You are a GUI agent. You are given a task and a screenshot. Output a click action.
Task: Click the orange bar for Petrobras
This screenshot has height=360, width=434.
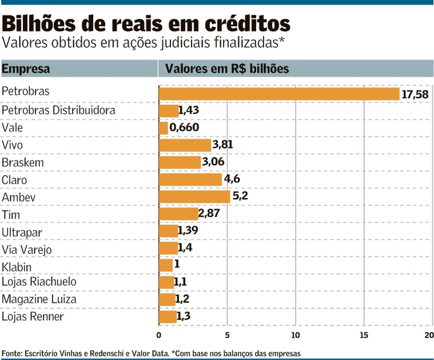279,93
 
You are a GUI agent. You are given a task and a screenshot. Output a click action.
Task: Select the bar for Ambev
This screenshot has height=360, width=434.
194,197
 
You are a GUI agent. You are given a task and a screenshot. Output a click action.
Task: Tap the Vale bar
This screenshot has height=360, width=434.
163,128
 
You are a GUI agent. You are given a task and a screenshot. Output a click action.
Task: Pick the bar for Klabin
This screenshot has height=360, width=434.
165,266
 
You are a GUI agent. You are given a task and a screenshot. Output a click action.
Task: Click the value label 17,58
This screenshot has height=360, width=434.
415,94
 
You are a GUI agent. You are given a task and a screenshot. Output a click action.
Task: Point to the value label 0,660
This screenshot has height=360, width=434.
184,128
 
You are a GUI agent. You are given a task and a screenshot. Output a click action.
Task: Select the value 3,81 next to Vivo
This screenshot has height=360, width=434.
222,145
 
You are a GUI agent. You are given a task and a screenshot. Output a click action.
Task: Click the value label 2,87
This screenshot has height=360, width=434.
209,214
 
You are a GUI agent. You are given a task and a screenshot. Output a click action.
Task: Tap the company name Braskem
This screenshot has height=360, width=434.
23,163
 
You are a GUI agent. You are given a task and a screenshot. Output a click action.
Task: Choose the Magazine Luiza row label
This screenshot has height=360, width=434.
39,300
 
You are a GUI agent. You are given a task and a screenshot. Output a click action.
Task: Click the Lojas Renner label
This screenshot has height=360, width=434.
33,317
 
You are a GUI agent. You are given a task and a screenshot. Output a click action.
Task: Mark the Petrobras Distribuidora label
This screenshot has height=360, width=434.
58,110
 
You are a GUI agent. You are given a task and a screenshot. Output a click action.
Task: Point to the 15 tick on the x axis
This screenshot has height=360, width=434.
364,335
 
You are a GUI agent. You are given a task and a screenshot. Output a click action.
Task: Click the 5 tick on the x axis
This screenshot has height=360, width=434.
227,335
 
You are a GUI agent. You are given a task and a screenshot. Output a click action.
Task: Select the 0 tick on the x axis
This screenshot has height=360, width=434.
159,335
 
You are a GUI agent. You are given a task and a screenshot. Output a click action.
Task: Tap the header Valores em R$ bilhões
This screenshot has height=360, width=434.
227,69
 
